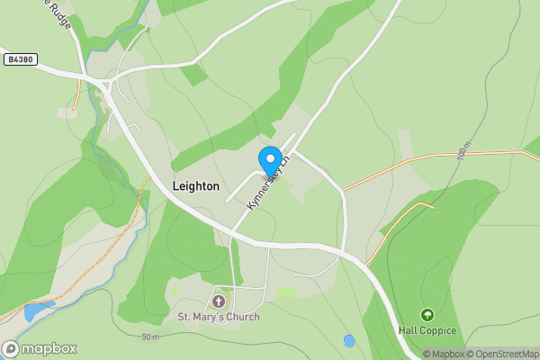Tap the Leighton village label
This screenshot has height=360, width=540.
(195, 186)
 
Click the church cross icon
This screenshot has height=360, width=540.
(219, 301)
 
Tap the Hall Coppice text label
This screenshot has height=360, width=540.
(427, 331)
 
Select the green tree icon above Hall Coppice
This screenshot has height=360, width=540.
(427, 315)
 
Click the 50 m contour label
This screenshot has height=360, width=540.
(150, 337)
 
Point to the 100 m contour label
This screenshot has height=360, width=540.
(463, 150)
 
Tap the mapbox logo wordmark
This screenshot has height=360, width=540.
(47, 348)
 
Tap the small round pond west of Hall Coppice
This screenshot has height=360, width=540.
(349, 341)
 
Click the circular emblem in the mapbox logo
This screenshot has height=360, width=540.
(11, 348)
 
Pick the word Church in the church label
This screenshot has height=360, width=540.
(240, 317)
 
